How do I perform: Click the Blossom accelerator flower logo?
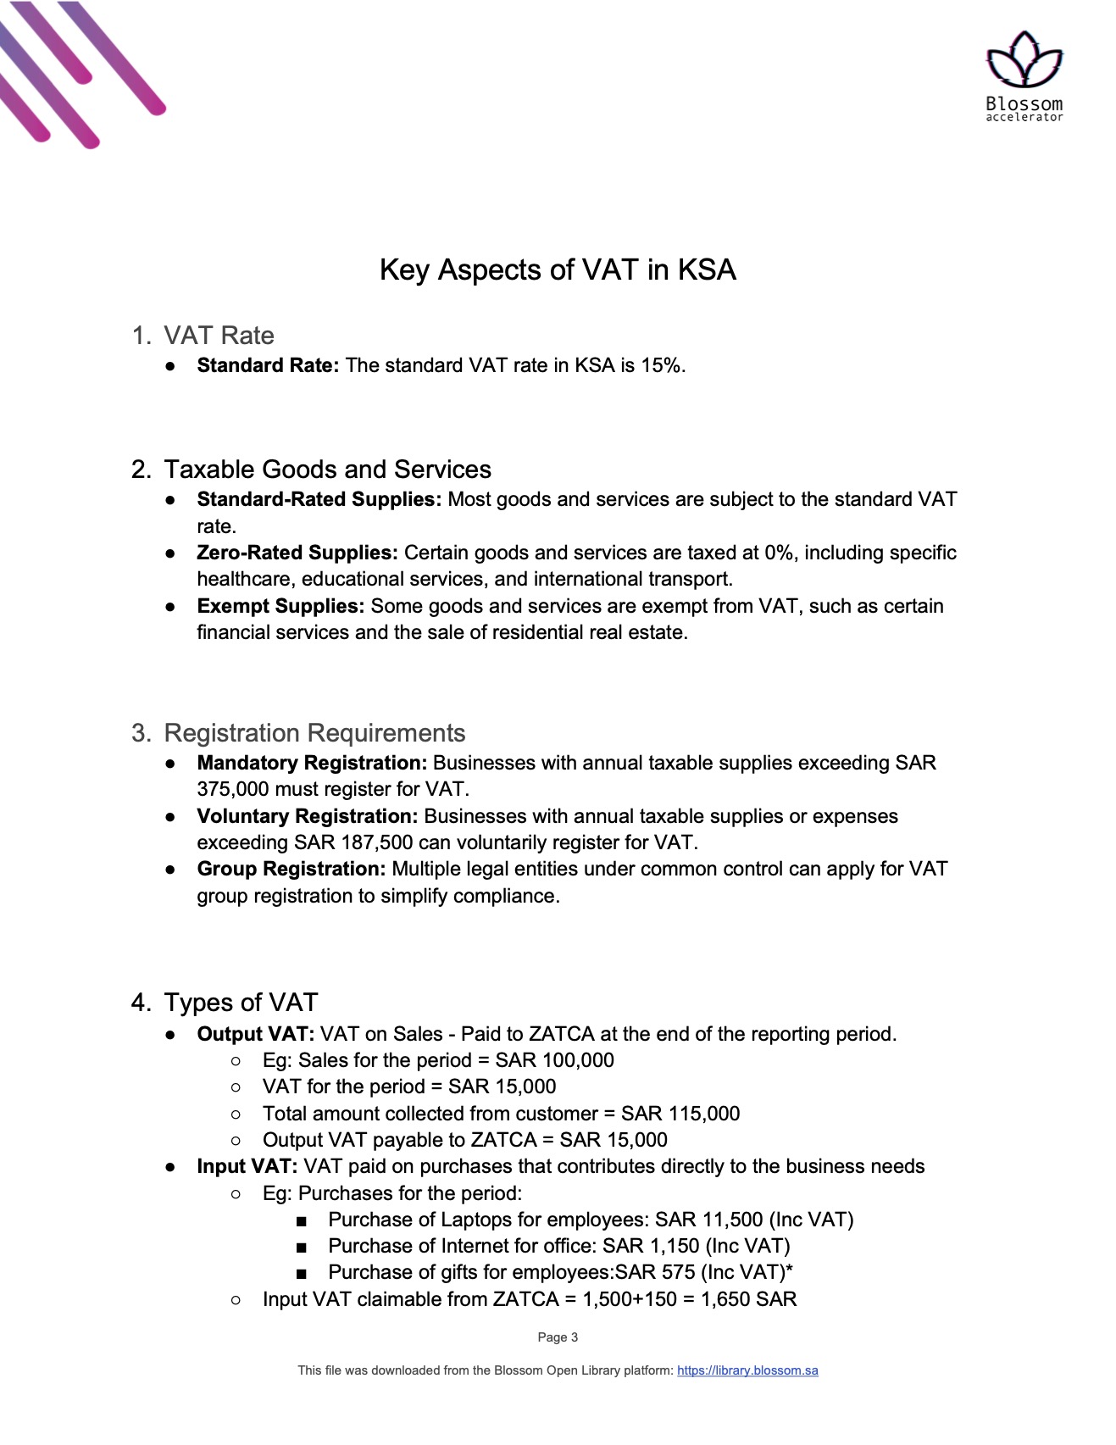[x=1024, y=61]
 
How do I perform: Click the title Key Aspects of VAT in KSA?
[x=558, y=270]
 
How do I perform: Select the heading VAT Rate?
[x=219, y=336]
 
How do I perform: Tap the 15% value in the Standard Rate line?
[x=661, y=365]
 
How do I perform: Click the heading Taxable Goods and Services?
[x=327, y=470]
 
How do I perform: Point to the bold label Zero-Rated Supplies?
[x=297, y=553]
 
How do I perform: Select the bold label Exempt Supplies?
[x=280, y=606]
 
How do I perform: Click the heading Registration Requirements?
[x=314, y=733]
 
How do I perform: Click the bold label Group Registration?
[x=291, y=869]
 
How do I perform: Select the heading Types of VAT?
[x=241, y=1003]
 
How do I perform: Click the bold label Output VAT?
[x=255, y=1034]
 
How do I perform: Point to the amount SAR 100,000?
[x=554, y=1060]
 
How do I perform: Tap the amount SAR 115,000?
[x=680, y=1114]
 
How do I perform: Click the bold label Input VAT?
[x=247, y=1166]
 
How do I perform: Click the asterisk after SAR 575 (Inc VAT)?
[x=789, y=1270]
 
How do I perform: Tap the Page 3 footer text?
[x=558, y=1337]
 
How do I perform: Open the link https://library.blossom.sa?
[x=747, y=1370]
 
